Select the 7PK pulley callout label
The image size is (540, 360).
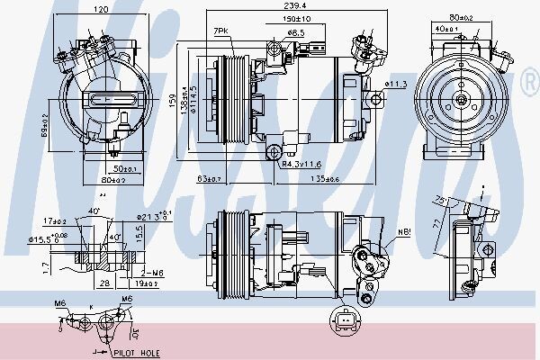pyautogui.click(x=221, y=31)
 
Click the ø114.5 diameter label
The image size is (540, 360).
pyautogui.click(x=192, y=102)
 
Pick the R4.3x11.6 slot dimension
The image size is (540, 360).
pyautogui.click(x=301, y=165)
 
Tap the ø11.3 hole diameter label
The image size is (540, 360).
pyautogui.click(x=397, y=84)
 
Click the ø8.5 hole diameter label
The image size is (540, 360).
pyautogui.click(x=294, y=32)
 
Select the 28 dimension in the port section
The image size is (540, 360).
pyautogui.click(x=105, y=283)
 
